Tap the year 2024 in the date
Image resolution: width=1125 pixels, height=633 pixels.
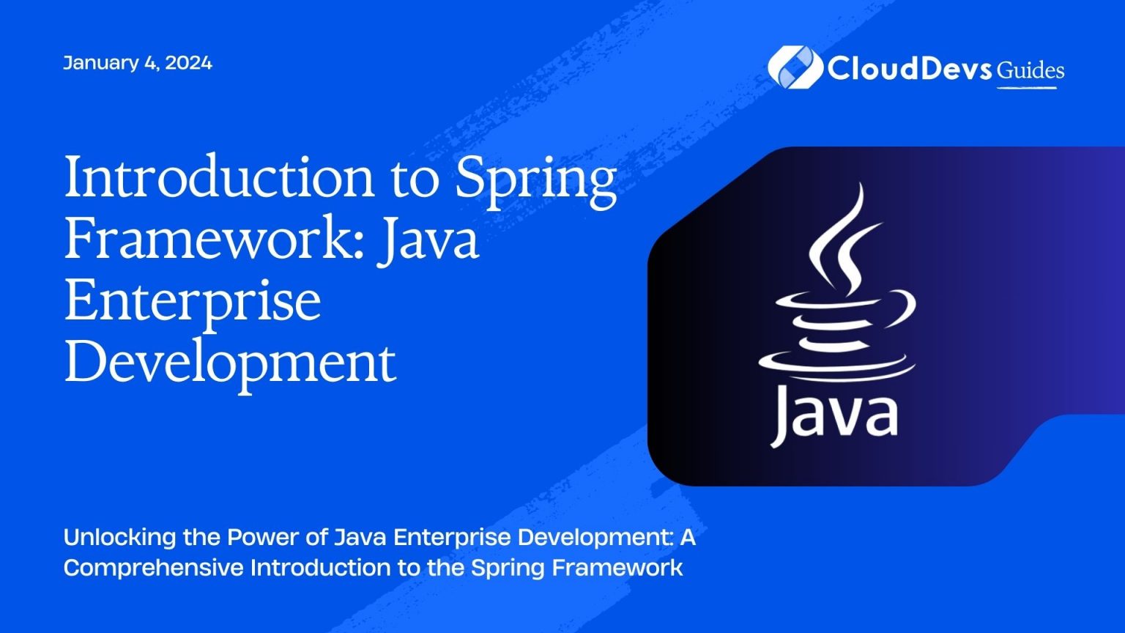188,63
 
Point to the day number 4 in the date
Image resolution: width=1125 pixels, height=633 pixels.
149,63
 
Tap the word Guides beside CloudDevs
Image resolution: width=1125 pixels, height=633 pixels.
1031,70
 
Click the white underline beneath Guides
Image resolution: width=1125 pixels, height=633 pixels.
1027,88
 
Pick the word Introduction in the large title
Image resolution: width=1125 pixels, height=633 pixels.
220,178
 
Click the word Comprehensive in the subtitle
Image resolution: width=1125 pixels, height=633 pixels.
153,568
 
